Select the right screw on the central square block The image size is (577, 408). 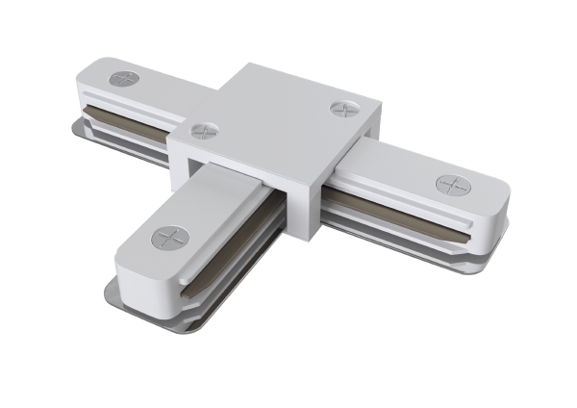point(343,109)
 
